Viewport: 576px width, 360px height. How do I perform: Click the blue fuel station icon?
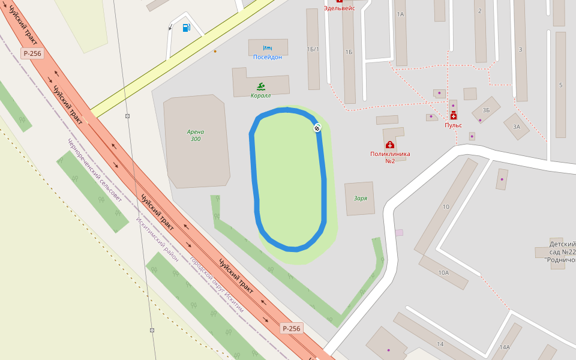[186, 28]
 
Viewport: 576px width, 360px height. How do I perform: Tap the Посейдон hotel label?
[267, 57]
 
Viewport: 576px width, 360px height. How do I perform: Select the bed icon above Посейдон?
[268, 47]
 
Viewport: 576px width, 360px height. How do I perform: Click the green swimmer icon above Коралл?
[260, 86]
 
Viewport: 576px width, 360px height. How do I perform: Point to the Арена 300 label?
[196, 136]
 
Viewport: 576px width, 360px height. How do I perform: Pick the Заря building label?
[360, 199]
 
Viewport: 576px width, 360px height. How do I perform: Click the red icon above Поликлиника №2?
[390, 145]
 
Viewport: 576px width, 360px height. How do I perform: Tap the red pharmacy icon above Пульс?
[453, 116]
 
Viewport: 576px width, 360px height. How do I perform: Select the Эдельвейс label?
[339, 8]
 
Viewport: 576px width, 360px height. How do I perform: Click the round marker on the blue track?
[317, 127]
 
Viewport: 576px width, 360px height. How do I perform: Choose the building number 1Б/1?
[313, 49]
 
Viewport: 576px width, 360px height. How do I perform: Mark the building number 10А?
[443, 272]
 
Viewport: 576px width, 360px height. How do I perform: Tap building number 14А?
[504, 347]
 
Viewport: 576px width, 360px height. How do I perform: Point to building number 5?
[560, 85]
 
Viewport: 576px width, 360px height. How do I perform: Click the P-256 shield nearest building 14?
[291, 328]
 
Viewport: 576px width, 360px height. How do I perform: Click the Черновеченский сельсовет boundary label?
[94, 170]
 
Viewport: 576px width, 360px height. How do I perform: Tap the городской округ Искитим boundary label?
[217, 284]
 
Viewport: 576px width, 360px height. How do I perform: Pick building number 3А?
[516, 127]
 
